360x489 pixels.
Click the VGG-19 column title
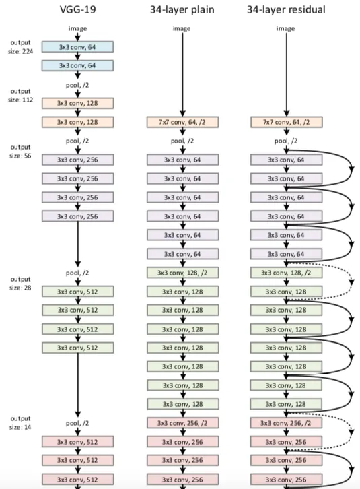pos(77,9)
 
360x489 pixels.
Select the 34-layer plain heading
pos(183,9)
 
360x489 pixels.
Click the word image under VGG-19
pos(77,28)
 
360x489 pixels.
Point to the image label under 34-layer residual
pos(287,28)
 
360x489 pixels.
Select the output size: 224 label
pos(20,46)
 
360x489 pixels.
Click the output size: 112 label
pos(20,95)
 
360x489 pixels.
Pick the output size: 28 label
pos(20,284)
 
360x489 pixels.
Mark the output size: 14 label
pos(20,422)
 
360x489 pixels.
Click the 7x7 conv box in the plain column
pos(183,122)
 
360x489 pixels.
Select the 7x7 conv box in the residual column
pos(287,122)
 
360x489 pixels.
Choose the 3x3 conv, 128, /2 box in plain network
pos(183,273)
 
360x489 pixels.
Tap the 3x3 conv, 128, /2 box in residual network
pos(287,273)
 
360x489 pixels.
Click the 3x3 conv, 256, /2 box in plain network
pos(183,423)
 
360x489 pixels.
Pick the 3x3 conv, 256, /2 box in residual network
pos(287,423)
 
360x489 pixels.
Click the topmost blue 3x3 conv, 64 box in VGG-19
pos(77,46)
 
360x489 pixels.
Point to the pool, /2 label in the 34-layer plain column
pos(183,141)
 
